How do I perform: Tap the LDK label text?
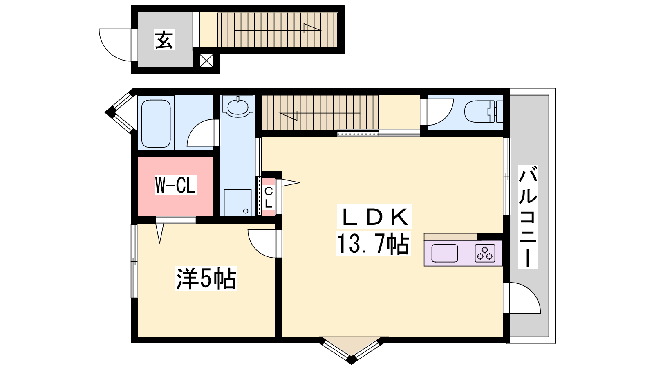click(374, 217)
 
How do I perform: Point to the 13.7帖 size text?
click(374, 244)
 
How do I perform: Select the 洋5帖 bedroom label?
click(206, 278)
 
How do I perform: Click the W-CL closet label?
click(175, 185)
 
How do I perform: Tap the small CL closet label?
click(268, 197)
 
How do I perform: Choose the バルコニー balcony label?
click(528, 216)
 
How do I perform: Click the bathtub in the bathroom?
click(156, 124)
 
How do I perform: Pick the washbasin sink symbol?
click(237, 107)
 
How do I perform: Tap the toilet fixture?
click(484, 112)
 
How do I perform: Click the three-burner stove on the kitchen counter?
click(485, 253)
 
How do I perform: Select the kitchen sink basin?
click(444, 253)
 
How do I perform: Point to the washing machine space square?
click(237, 203)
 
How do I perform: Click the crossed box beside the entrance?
click(206, 61)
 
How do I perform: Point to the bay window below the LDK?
click(352, 350)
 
